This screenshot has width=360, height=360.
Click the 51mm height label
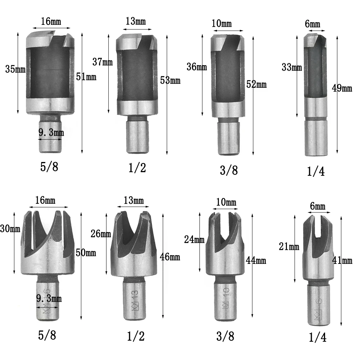[x=86, y=77]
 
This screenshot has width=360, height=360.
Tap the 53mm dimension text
[x=170, y=80]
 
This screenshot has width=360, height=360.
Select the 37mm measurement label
[x=102, y=62]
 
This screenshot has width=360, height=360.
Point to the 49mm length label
[x=342, y=88]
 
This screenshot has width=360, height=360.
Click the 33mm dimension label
[x=292, y=67]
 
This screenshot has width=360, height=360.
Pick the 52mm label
[x=256, y=85]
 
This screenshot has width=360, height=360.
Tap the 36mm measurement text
[x=197, y=67]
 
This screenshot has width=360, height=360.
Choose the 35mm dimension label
[x=15, y=69]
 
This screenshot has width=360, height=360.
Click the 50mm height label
[x=86, y=253]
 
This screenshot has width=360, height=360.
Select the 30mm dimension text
[x=10, y=229]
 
